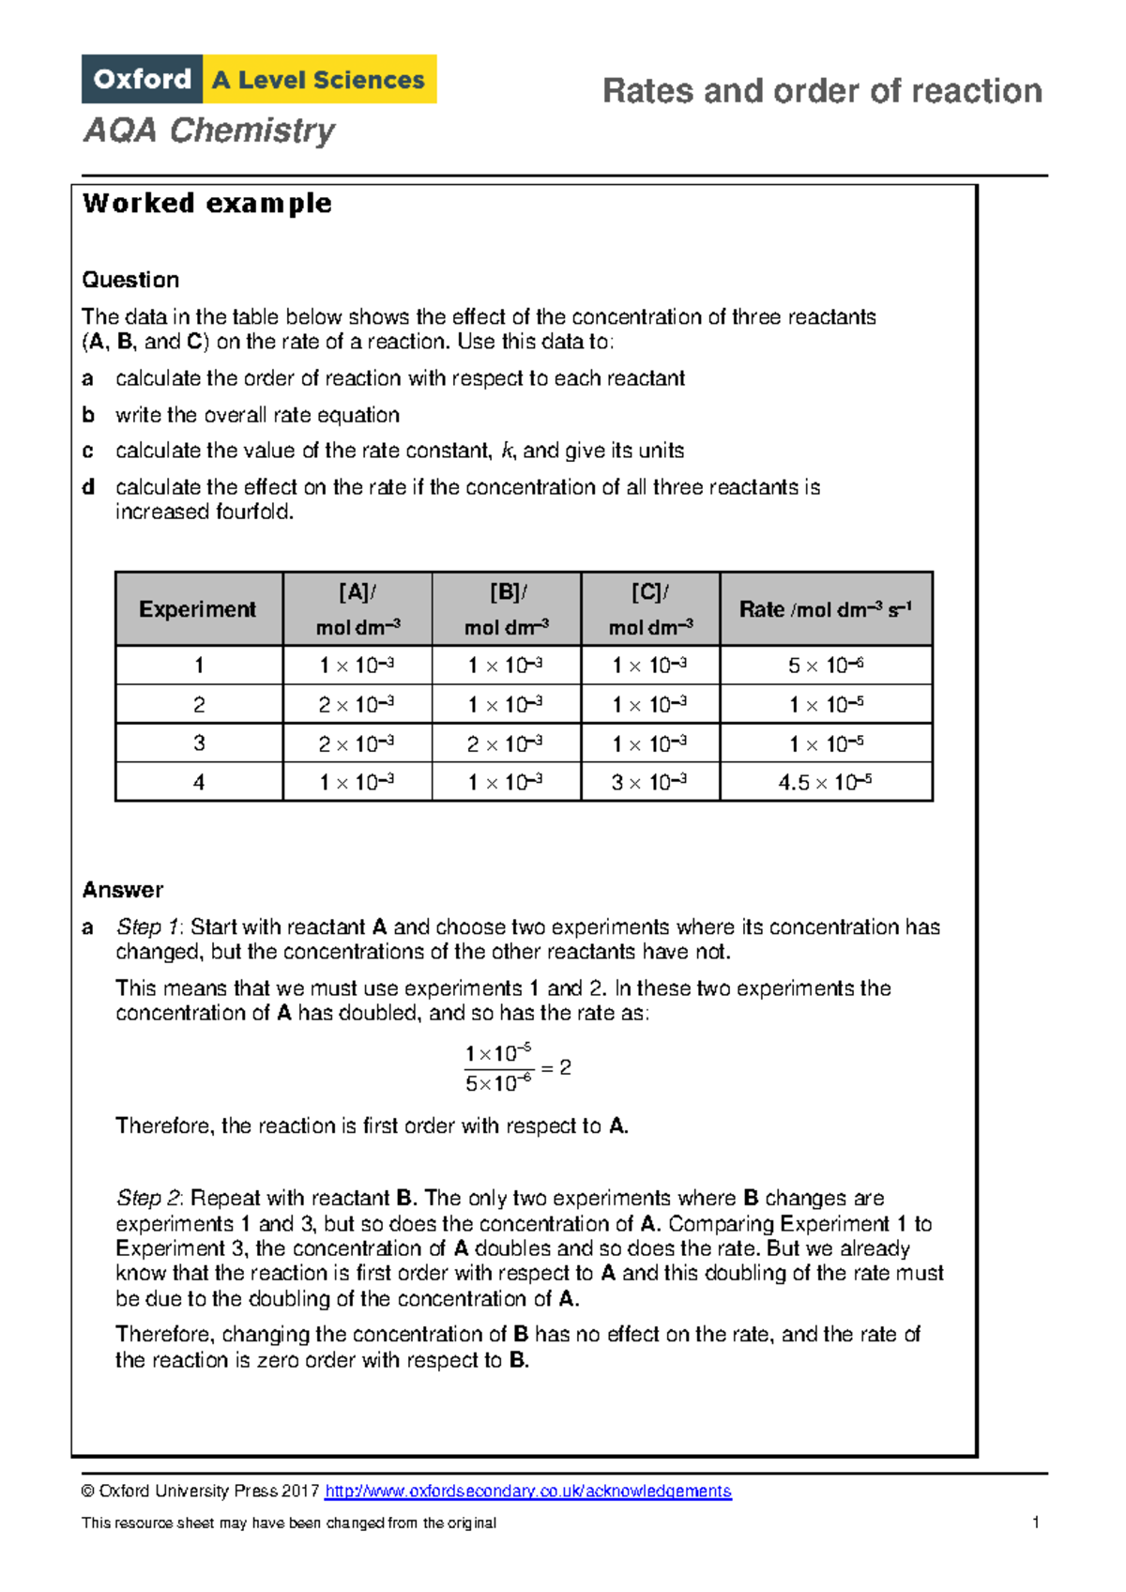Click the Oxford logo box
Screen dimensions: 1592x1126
[142, 79]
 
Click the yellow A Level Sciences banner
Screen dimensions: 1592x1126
[319, 79]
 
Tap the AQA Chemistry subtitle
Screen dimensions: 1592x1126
[209, 130]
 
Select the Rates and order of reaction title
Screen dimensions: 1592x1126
[822, 91]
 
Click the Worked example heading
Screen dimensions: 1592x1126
[206, 203]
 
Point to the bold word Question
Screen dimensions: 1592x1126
[130, 280]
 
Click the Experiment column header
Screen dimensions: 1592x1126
[198, 609]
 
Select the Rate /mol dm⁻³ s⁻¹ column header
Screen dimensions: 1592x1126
[826, 609]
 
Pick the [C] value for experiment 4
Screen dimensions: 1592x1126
[649, 782]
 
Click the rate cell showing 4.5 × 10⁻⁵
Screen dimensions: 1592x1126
[826, 782]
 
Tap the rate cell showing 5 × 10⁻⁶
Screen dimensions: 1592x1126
[826, 666]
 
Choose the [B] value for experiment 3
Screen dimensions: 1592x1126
[506, 743]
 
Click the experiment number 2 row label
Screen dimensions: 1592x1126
[199, 705]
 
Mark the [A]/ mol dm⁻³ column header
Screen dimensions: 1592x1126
[357, 609]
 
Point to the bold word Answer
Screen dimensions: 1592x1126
[123, 890]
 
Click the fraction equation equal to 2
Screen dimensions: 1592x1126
[517, 1068]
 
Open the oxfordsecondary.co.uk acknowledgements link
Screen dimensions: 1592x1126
[527, 1492]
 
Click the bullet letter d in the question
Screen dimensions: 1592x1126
[88, 487]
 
